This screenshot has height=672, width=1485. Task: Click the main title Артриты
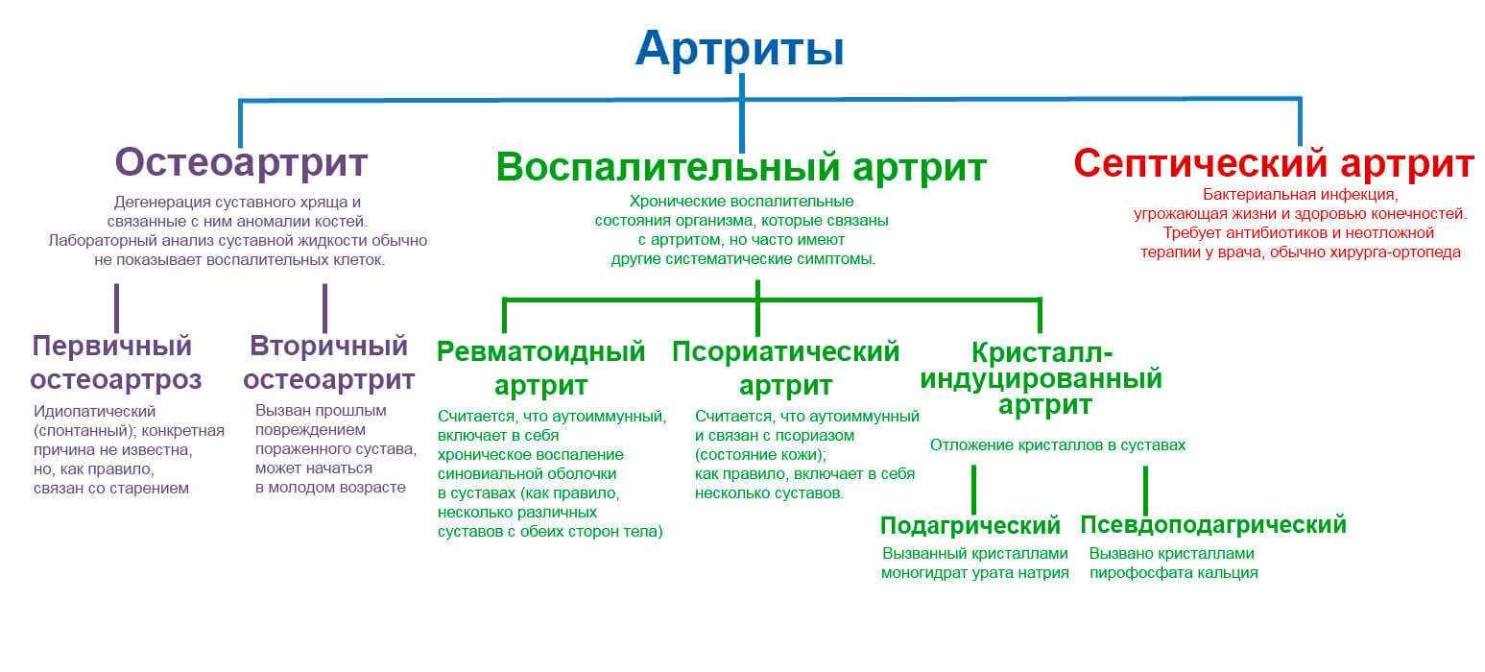(x=740, y=48)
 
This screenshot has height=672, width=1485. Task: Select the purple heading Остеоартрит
(x=241, y=162)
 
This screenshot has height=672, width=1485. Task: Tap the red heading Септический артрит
(x=1274, y=163)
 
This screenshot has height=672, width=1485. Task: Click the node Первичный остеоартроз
(x=116, y=363)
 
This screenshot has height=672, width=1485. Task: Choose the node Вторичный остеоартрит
(x=329, y=363)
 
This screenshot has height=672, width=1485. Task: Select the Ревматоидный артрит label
(x=541, y=369)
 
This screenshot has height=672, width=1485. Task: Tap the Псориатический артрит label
(x=785, y=369)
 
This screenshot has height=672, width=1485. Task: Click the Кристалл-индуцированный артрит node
(x=1042, y=378)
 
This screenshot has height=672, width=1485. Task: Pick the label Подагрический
(x=970, y=525)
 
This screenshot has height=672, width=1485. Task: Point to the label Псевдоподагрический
(x=1213, y=525)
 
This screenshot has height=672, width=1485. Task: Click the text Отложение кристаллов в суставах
(x=1058, y=444)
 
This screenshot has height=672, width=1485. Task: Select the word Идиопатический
(x=94, y=412)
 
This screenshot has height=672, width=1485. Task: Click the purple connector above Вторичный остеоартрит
(x=324, y=308)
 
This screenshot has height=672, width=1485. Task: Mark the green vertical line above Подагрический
(x=973, y=489)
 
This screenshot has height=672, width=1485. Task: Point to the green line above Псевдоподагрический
(x=1145, y=491)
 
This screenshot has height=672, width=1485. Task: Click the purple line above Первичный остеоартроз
(x=117, y=308)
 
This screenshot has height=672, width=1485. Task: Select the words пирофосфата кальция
(x=1173, y=572)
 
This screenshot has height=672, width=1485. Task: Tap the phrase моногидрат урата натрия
(x=974, y=572)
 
